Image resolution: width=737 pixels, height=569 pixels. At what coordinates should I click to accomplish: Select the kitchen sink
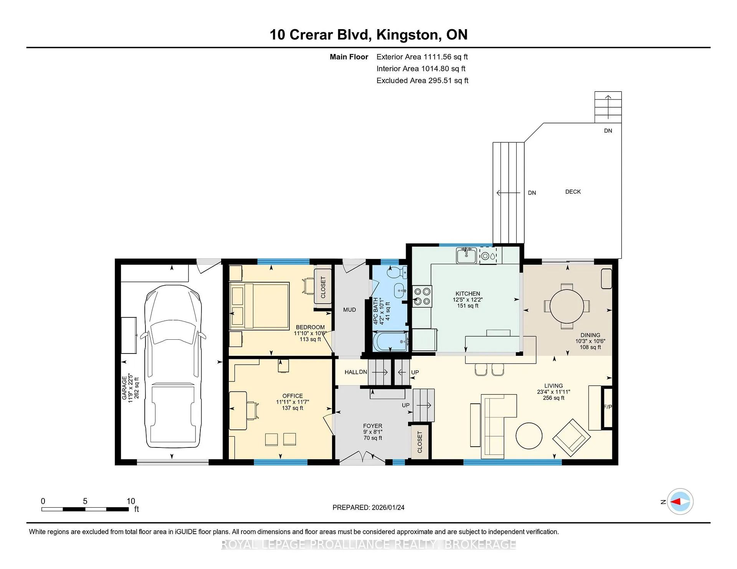point(466,256)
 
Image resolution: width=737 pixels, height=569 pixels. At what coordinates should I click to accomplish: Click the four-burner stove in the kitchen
point(422,296)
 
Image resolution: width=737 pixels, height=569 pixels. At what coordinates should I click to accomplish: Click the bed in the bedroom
point(259,306)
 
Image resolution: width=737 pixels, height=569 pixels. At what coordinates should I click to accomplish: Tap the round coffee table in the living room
point(529,436)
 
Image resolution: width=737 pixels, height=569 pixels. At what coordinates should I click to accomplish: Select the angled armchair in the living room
point(572,436)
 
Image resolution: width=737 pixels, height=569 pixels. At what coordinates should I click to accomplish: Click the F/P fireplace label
point(608,407)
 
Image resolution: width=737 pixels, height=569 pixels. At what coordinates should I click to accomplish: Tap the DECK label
point(573,192)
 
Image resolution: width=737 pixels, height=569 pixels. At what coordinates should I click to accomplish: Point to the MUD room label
point(349,310)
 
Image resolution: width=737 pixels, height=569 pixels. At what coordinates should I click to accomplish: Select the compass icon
point(680,502)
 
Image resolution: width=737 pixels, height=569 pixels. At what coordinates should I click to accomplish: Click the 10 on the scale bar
point(131,501)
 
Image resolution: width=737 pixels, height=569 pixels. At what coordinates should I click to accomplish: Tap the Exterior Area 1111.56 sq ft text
point(422,57)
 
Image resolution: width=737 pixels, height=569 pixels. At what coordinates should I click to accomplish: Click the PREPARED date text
point(368,507)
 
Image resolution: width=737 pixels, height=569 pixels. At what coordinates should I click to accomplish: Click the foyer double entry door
point(362,458)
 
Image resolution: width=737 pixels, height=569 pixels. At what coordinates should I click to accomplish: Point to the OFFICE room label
point(292,396)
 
